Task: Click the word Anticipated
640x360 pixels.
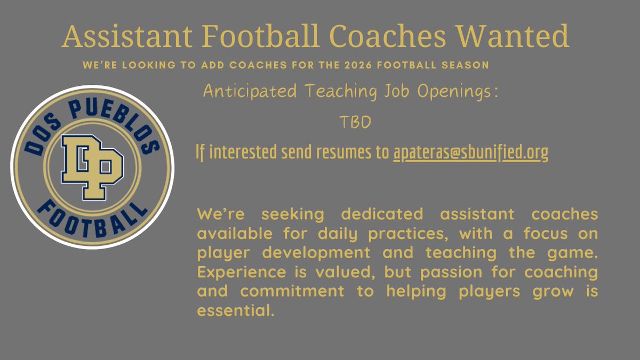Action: pyautogui.click(x=250, y=92)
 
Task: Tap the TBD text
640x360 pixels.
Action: pyautogui.click(x=355, y=123)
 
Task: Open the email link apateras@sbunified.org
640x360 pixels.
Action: pyautogui.click(x=470, y=153)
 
